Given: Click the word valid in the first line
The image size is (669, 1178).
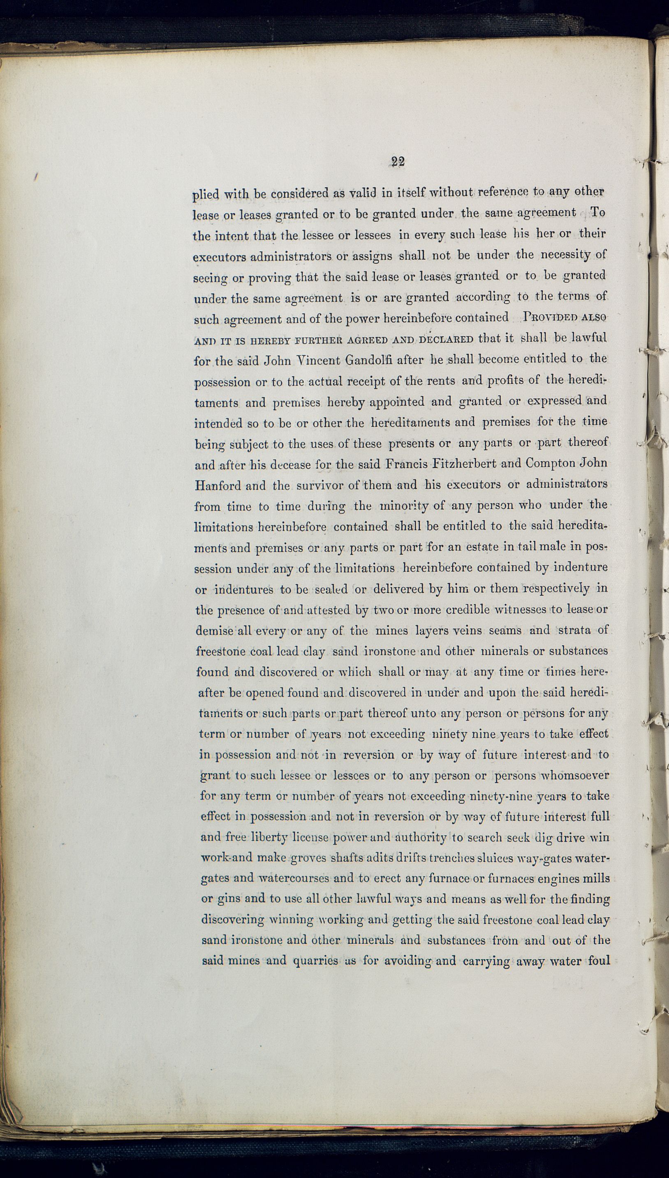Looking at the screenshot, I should tap(363, 193).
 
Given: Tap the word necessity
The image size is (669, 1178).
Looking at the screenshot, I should tap(565, 255).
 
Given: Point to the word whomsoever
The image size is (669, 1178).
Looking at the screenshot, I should tap(575, 775).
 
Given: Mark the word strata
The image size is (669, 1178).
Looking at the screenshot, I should tap(574, 630).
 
